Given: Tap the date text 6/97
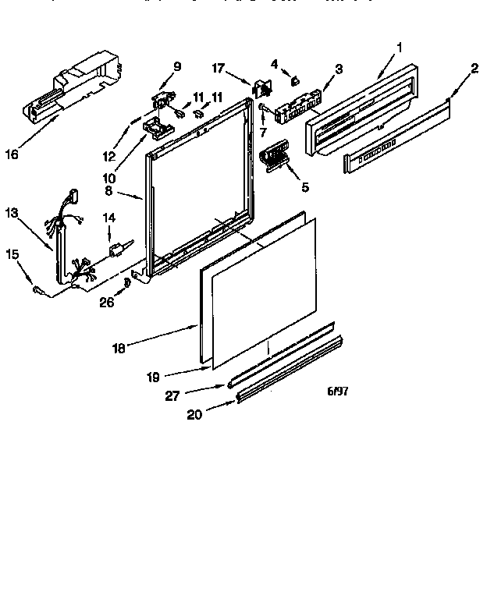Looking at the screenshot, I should pyautogui.click(x=336, y=391).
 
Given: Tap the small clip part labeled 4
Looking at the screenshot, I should pyautogui.click(x=295, y=79).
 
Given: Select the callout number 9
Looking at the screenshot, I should pyautogui.click(x=177, y=66).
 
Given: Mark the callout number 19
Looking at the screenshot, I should pyautogui.click(x=152, y=377).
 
